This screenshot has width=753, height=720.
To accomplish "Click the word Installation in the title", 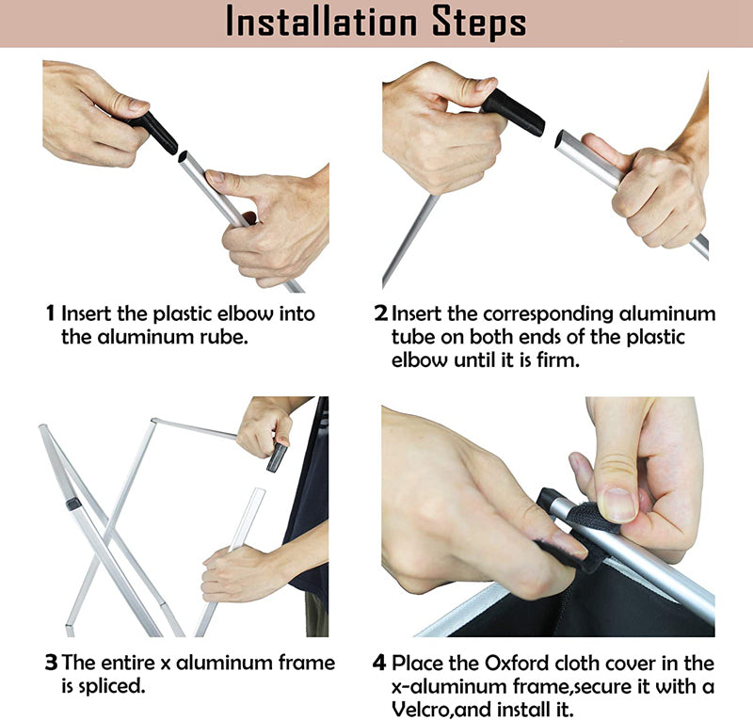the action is (321, 23).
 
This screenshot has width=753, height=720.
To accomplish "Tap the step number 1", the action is (51, 313).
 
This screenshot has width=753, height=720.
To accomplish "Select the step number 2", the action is (381, 313).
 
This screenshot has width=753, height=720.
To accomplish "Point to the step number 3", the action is (51, 663).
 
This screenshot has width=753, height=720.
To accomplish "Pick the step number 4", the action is (379, 663).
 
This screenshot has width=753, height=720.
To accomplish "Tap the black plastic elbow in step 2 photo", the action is (514, 113).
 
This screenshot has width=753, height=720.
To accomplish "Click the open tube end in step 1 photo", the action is (184, 157).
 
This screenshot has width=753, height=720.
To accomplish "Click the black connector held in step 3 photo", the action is (277, 456).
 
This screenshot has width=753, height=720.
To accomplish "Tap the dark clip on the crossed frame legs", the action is (73, 504).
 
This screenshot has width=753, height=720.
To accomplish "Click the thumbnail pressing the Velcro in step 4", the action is (619, 504).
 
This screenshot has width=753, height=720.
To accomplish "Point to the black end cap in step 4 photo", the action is (547, 499).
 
